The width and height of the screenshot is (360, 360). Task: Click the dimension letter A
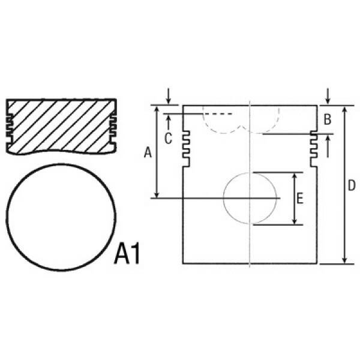[x=148, y=152]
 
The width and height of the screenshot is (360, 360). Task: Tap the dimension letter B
[x=327, y=119]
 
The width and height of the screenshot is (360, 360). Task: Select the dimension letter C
[x=168, y=139]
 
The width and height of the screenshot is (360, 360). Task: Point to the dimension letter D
[x=352, y=185]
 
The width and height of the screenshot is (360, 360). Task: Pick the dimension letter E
[x=300, y=199]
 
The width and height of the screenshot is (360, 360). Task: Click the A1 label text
[x=127, y=254]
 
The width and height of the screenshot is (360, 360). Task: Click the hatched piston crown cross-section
[x=61, y=126]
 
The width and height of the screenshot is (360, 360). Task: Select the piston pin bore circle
[x=224, y=198]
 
